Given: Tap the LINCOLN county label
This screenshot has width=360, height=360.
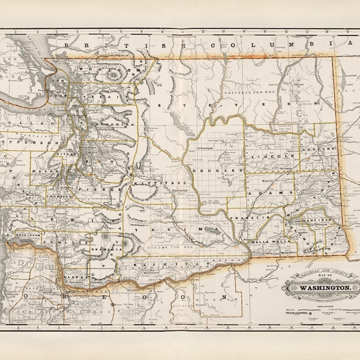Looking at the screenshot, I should tap(277, 157).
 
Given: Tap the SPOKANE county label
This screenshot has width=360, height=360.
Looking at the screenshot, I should tap(318, 148).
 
